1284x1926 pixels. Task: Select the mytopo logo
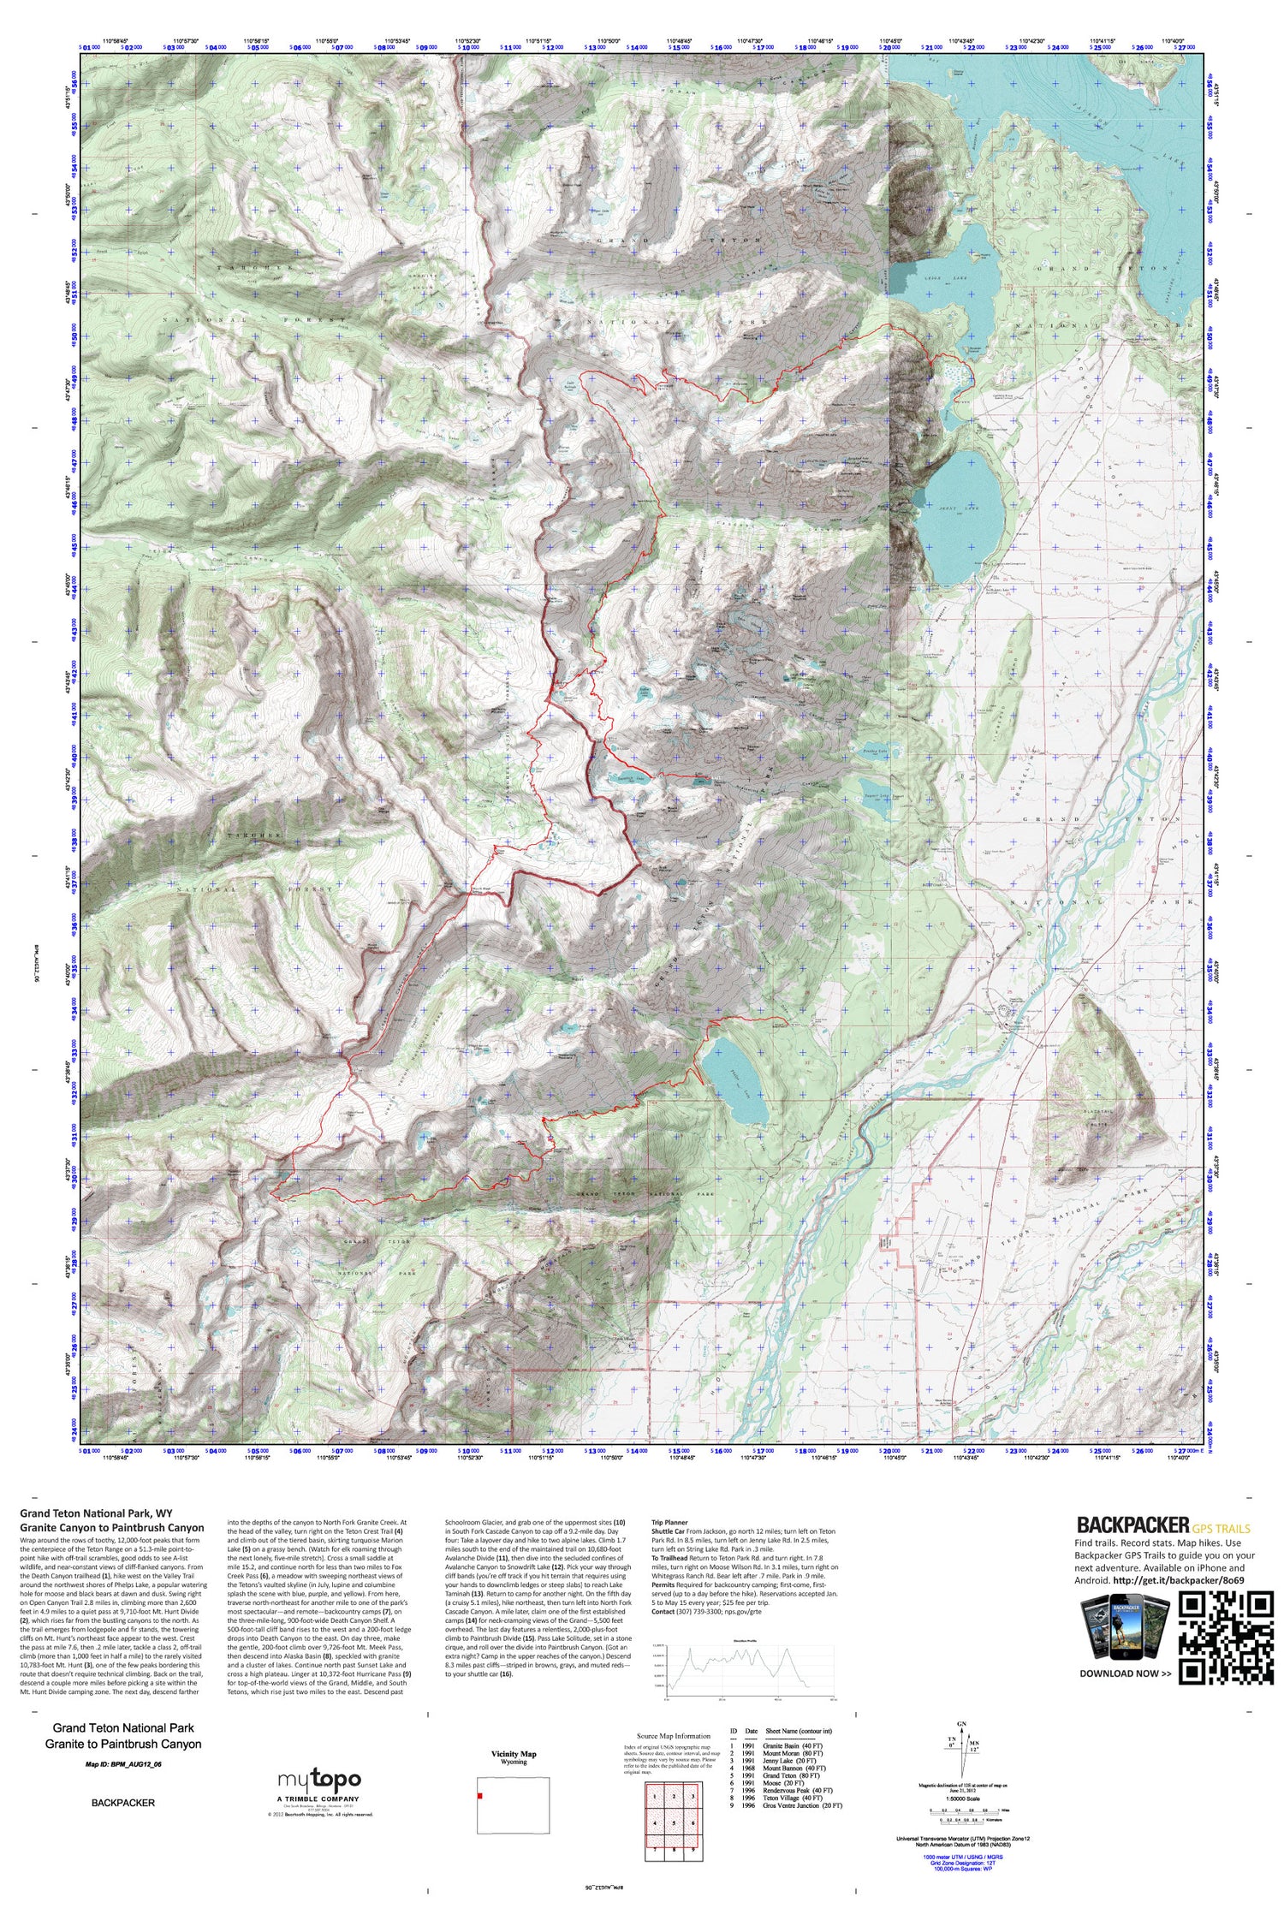[x=318, y=1780]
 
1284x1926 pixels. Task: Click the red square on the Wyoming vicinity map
[x=481, y=1795]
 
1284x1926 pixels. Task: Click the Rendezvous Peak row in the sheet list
[x=792, y=1790]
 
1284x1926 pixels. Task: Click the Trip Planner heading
[x=669, y=1523]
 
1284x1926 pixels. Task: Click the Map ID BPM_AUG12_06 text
[x=123, y=1764]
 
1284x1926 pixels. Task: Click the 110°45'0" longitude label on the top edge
[x=889, y=39]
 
